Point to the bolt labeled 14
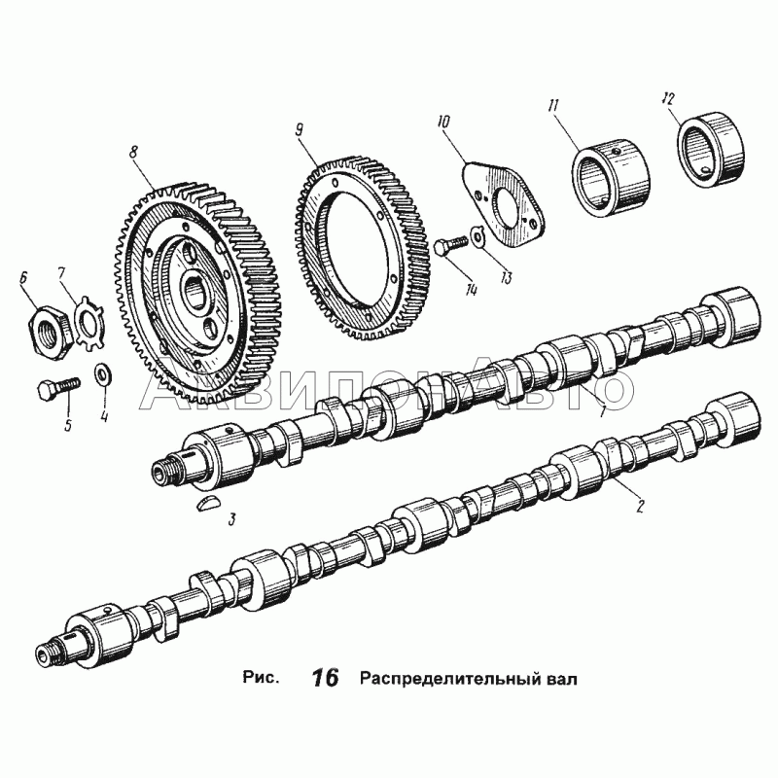click(x=450, y=245)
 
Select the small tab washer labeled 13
click(x=477, y=235)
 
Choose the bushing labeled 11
click(x=611, y=178)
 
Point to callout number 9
click(x=300, y=130)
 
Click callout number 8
click(x=133, y=152)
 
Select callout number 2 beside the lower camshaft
click(x=640, y=506)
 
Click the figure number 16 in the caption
click(x=326, y=678)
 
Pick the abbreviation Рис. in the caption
click(x=261, y=677)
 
